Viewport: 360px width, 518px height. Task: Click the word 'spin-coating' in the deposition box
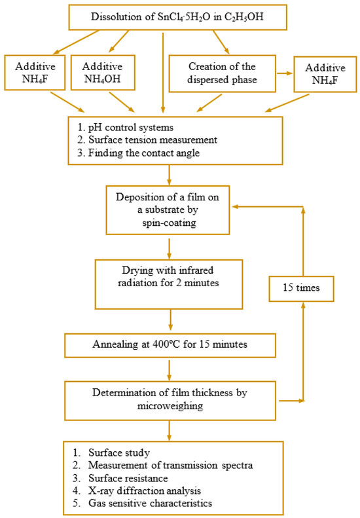coord(170,223)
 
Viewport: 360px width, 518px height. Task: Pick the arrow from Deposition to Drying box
coord(170,247)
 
